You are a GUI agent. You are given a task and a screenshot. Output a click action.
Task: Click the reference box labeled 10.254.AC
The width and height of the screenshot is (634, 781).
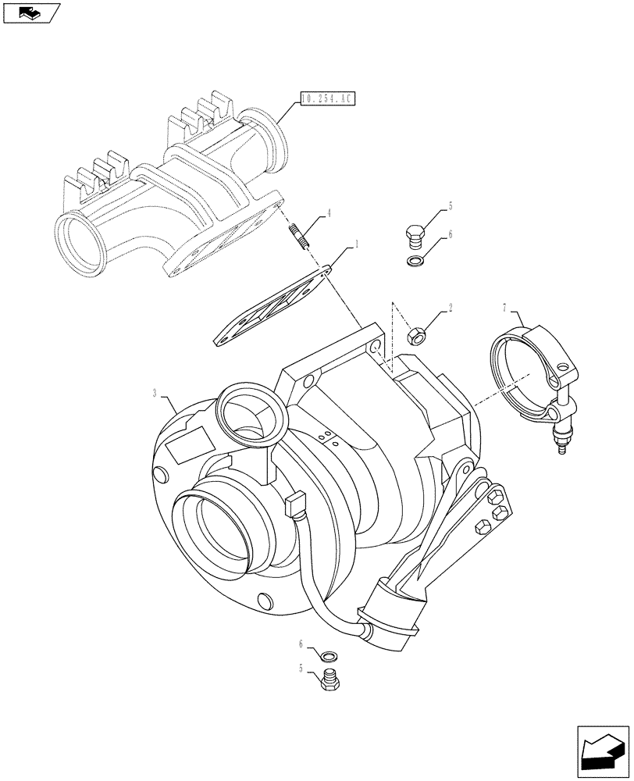[326, 99]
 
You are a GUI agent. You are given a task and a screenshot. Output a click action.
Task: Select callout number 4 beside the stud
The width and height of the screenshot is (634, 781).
[329, 212]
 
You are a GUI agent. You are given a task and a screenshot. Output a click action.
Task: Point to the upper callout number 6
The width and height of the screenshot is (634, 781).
[451, 234]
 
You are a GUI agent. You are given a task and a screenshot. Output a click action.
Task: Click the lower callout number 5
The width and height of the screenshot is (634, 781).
[301, 668]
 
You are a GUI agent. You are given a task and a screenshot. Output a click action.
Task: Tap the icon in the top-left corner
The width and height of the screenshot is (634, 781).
[30, 12]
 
